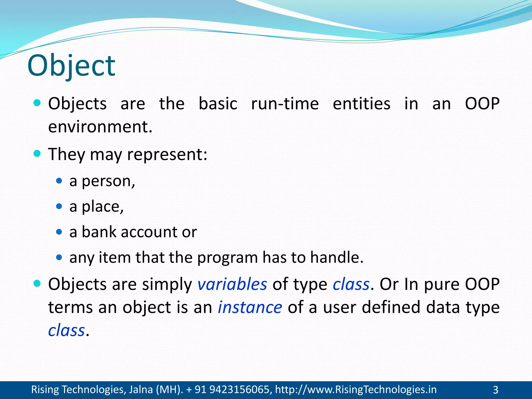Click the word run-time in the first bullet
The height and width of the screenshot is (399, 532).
pyautogui.click(x=285, y=104)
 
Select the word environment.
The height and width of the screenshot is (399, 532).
pyautogui.click(x=100, y=127)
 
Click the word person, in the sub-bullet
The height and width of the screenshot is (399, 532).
pyautogui.click(x=108, y=181)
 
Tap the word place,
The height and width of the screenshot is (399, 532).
pyautogui.click(x=103, y=207)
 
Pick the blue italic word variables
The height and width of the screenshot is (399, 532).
pyautogui.click(x=232, y=284)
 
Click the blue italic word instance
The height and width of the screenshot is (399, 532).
pyautogui.click(x=250, y=307)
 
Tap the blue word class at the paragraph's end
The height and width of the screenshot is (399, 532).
pyautogui.click(x=66, y=330)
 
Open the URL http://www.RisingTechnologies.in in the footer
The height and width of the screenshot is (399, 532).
pyautogui.click(x=356, y=390)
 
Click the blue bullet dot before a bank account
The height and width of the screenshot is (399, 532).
pyautogui.click(x=59, y=232)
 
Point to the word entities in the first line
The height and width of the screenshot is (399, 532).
pyautogui.click(x=361, y=104)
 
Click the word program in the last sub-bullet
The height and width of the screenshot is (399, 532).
pyautogui.click(x=227, y=258)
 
